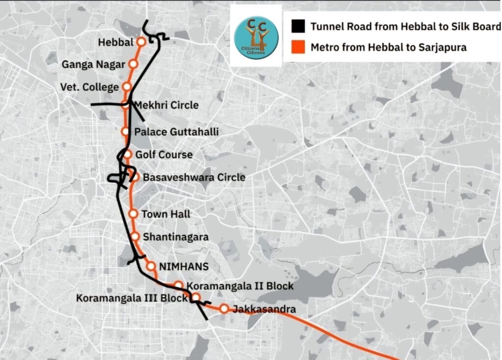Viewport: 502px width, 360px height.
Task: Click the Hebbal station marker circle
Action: point(141,42)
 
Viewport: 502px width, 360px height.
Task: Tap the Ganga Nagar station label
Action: point(93,64)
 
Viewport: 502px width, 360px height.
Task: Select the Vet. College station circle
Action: point(126,87)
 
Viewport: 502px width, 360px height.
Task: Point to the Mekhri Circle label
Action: point(166,105)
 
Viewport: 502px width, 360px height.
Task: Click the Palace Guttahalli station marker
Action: point(125,131)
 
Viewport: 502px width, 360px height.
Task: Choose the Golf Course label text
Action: point(164,154)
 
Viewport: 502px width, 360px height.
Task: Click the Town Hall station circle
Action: point(133,213)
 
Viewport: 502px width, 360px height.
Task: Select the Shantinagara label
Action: point(176,237)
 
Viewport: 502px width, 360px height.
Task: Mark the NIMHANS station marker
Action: point(151,266)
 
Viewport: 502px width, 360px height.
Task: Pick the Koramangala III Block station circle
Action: point(195,297)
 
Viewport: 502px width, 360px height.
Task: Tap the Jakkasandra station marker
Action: point(224,309)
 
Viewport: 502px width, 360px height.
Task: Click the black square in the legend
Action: point(297,26)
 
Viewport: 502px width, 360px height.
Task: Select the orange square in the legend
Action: point(297,48)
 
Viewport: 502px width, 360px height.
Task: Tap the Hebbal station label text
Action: point(115,43)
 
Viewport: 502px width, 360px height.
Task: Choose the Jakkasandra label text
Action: point(264,309)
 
